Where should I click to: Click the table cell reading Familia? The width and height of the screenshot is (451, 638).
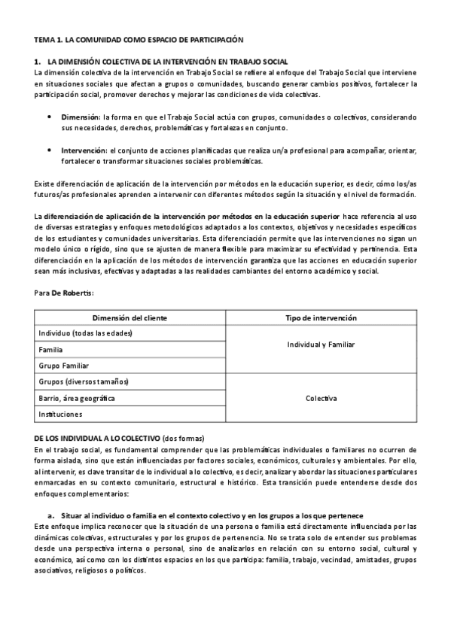pyautogui.click(x=50, y=350)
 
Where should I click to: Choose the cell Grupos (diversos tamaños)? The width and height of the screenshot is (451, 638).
pyautogui.click(x=84, y=381)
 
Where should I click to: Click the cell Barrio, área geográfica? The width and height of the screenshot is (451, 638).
pyautogui.click(x=77, y=397)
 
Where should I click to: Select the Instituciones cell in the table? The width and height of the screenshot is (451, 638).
pyautogui.click(x=60, y=414)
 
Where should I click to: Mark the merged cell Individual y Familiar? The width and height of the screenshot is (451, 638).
pyautogui.click(x=321, y=345)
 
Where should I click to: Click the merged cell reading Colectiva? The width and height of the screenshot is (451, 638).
pyautogui.click(x=321, y=397)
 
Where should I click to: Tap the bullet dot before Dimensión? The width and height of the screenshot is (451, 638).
pyautogui.click(x=50, y=118)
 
